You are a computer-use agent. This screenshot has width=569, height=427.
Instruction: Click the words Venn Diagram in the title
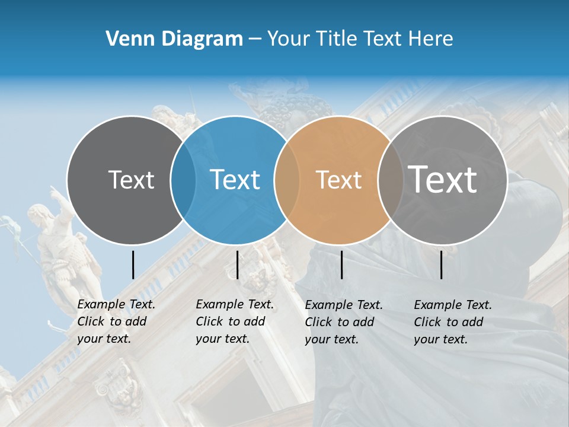click(x=174, y=39)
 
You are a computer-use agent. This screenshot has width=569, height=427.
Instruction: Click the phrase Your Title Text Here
click(x=360, y=39)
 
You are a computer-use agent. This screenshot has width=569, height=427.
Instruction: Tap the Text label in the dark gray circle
click(x=131, y=180)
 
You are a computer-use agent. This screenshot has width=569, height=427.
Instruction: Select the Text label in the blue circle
click(x=235, y=180)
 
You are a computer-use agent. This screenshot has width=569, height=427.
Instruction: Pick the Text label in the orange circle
click(x=338, y=180)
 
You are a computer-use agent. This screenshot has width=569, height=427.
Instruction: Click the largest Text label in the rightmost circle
click(x=442, y=179)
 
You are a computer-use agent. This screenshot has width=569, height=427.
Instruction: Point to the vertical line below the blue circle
click(x=237, y=265)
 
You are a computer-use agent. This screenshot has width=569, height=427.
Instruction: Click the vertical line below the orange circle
click(x=341, y=265)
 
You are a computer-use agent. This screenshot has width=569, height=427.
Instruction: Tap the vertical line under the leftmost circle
click(x=133, y=265)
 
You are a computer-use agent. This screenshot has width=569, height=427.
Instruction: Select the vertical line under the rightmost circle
click(x=442, y=265)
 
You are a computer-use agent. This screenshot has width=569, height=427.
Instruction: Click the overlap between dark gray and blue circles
click(x=183, y=180)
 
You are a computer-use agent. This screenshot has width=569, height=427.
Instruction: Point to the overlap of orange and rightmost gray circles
click(x=389, y=180)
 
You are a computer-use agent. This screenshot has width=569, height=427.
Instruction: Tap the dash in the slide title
click(x=254, y=39)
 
